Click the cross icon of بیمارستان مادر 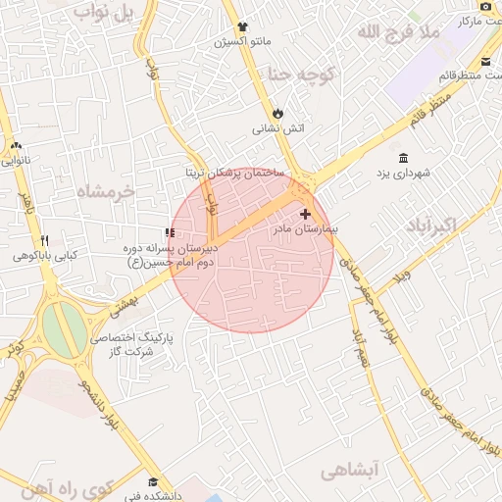pos(305,213)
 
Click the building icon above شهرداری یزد pos(404,158)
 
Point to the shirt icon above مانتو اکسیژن pos(242,26)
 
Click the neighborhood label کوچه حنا pos(300,74)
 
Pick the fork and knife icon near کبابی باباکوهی pos(44,240)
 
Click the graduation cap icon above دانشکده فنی pos(152,481)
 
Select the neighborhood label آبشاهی pos(349,472)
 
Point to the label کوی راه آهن pos(72,486)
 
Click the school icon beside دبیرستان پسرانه pos(170,233)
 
